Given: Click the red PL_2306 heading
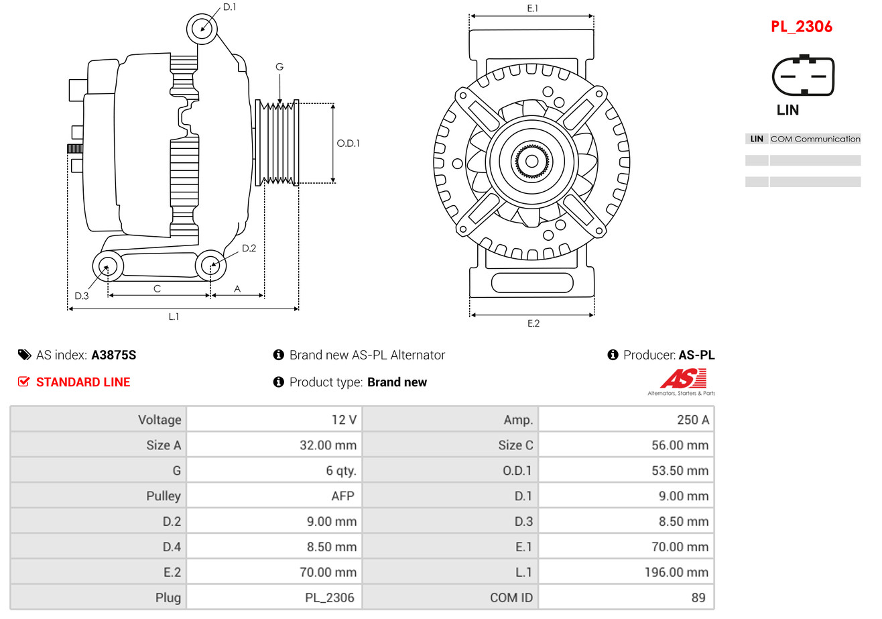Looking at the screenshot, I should (801, 27).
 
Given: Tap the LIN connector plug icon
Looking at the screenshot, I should (804, 76).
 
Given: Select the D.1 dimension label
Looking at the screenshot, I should (229, 7).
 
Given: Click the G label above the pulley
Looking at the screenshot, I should (279, 66).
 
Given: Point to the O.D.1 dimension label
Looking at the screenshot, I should (348, 143).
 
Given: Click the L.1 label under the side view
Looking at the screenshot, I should (174, 317).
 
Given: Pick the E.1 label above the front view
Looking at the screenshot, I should (532, 8).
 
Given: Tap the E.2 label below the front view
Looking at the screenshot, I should (533, 323).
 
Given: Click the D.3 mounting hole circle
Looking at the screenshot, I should (107, 267).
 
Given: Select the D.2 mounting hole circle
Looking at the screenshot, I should (211, 266).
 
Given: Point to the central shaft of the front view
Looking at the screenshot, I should (531, 161).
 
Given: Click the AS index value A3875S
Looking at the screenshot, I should (113, 355).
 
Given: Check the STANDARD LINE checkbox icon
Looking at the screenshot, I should (24, 382).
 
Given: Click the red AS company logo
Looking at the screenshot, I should (682, 379).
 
